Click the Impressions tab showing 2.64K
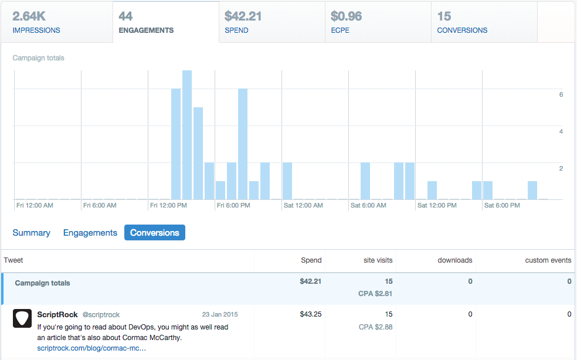click(56, 22)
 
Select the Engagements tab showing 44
click(165, 22)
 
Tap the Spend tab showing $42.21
click(271, 22)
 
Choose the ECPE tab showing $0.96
click(378, 22)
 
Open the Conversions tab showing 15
click(484, 22)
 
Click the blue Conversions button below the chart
click(155, 233)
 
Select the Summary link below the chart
click(31, 233)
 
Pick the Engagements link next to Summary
click(90, 233)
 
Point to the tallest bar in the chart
click(187, 135)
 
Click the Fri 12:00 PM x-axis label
click(168, 206)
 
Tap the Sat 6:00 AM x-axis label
click(368, 206)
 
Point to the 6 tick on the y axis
click(561, 94)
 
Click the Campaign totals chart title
click(38, 58)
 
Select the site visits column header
click(378, 260)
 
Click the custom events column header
click(548, 260)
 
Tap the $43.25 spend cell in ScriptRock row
click(311, 315)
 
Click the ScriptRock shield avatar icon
click(22, 318)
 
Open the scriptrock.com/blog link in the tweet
click(91, 348)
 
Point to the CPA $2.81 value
click(375, 293)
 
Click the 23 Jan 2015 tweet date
click(220, 315)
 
